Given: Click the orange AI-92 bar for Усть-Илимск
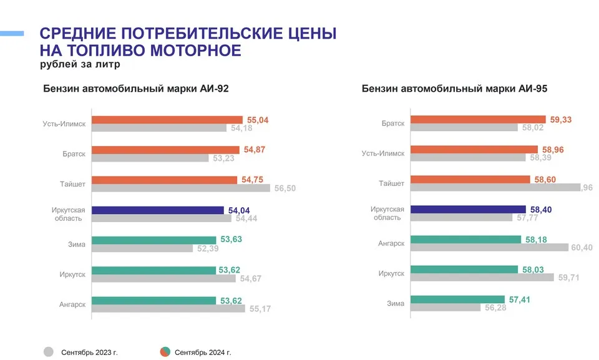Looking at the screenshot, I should tap(167, 120).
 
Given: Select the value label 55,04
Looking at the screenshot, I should tap(256, 120).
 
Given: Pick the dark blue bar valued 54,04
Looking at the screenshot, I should tap(157, 210).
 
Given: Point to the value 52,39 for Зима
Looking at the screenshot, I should tap(210, 249).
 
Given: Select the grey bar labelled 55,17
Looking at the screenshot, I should tap(168, 308).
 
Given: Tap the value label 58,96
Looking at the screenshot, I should tap(553, 150).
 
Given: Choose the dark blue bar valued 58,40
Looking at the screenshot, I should tap(469, 210).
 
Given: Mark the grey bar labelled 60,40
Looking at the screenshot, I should tap(490, 248).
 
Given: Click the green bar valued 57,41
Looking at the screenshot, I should tap(457, 299).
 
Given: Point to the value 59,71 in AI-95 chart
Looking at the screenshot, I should tap(568, 278).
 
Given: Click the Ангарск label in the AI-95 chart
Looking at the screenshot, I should tap(391, 243).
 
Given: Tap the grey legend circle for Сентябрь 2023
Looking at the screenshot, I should tap(49, 351).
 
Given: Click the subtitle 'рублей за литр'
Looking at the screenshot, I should tap(79, 64).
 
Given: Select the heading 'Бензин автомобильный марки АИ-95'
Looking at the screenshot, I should tap(454, 89).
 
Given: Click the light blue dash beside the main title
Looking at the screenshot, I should tap(12, 33).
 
